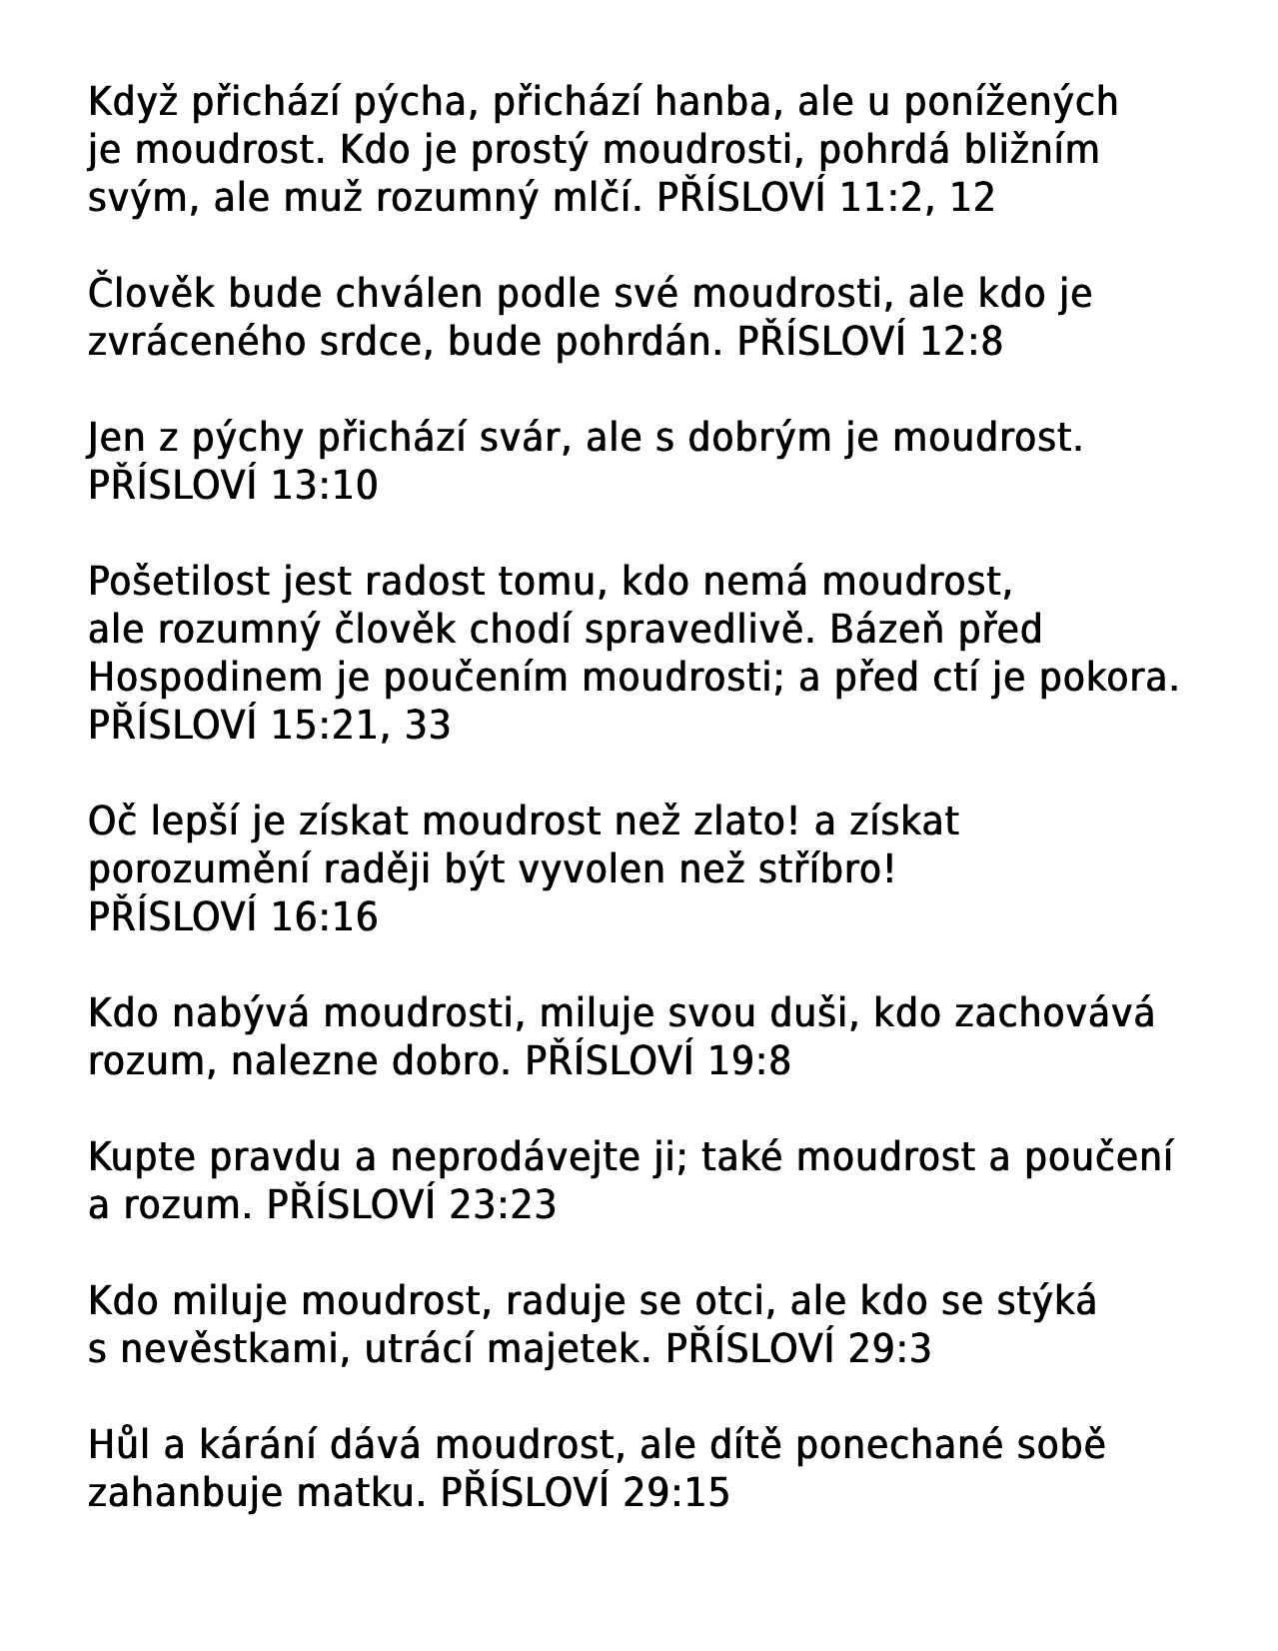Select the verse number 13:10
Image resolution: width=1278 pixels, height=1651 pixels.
[x=324, y=486]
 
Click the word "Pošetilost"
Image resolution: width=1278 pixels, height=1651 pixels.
[x=180, y=582]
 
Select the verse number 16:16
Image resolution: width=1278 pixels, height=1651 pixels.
[x=324, y=917]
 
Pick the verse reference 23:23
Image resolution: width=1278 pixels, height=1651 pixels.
[x=503, y=1205]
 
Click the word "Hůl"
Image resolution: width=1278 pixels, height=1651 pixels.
[x=120, y=1445]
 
